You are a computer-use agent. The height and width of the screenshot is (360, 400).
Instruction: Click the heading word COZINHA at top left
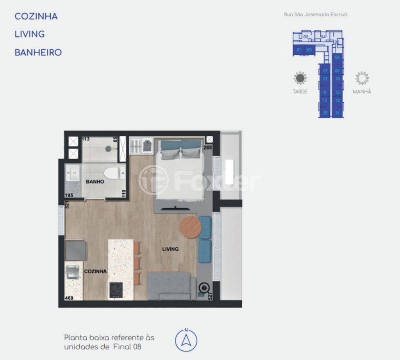click(x=36, y=16)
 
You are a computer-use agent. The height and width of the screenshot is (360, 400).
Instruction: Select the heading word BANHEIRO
click(x=38, y=52)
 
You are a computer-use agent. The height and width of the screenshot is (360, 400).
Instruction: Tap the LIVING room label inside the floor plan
click(x=170, y=249)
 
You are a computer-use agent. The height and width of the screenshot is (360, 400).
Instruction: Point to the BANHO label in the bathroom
click(x=95, y=182)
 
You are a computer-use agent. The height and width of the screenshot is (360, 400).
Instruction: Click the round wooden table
click(x=190, y=227)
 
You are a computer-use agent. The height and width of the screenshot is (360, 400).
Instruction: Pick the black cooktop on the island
click(x=116, y=290)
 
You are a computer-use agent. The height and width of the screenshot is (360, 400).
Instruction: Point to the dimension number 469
click(x=70, y=297)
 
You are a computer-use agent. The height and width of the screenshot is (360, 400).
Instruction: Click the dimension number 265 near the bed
click(x=208, y=148)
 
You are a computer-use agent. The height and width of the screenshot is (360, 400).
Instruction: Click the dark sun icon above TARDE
click(x=300, y=78)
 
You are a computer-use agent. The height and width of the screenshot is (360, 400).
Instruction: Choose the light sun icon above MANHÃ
click(x=362, y=78)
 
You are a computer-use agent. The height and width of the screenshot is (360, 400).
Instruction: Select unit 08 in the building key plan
click(x=337, y=71)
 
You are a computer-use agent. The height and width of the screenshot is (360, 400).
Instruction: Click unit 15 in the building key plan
click(x=325, y=113)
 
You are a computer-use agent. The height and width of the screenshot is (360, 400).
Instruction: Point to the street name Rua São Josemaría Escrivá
click(x=316, y=14)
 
